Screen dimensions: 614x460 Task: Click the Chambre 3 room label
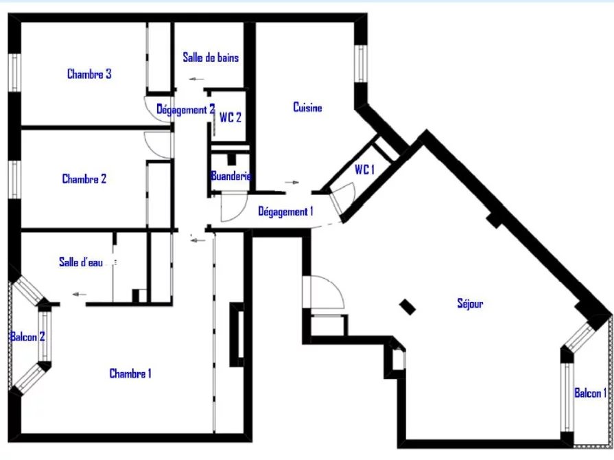89,73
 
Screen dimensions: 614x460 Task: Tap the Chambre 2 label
84,179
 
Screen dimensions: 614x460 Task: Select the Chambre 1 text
130,373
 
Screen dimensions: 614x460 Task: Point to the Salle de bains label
211,57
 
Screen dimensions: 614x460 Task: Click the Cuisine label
307,107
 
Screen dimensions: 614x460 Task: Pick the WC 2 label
231,117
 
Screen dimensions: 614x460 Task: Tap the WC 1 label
364,170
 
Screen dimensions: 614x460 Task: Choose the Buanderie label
231,176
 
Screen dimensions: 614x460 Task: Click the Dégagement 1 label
285,211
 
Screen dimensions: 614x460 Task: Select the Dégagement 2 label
186,110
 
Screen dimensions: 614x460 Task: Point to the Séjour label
470,303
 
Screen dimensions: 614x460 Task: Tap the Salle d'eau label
81,262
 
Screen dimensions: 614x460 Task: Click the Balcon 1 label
591,393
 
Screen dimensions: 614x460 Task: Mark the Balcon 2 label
27,336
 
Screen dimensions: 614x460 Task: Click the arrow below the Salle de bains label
197,79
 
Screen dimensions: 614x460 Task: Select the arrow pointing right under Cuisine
292,182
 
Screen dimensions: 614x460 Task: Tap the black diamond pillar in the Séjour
408,307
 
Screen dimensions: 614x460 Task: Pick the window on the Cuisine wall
361,64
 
